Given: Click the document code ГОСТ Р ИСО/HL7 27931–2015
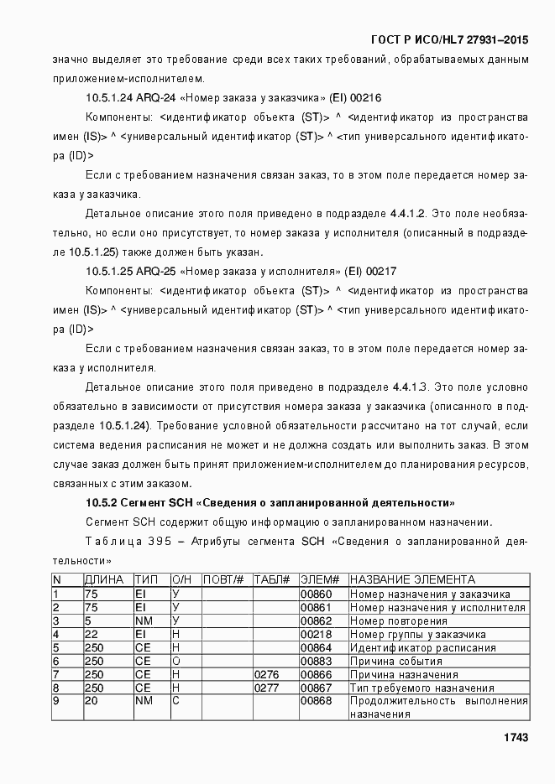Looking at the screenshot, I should (449, 40).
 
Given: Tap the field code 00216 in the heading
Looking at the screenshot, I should (367, 97).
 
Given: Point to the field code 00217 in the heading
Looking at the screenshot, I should (381, 272).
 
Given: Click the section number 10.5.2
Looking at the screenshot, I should (102, 503).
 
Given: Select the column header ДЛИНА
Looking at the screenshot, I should (104, 580).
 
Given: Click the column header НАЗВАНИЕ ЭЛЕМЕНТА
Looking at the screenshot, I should (412, 580).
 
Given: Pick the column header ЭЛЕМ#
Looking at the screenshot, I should (319, 580).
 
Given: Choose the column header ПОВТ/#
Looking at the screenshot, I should (224, 580).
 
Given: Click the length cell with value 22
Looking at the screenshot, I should (92, 635).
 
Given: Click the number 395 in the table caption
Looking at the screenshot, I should (160, 541).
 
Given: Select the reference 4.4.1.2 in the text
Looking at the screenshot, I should (408, 214).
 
